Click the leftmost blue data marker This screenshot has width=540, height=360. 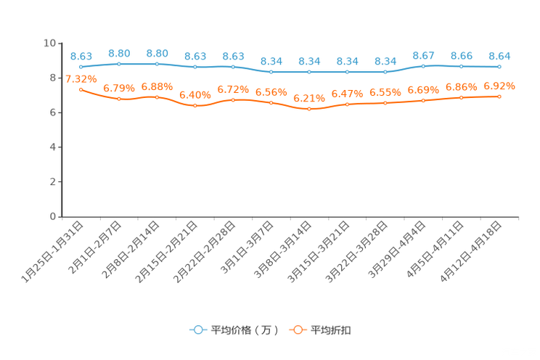[x=81, y=67]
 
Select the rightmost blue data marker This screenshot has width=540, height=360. [x=499, y=66]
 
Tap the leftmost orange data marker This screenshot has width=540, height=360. [x=81, y=89]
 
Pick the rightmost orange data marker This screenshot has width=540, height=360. [x=499, y=97]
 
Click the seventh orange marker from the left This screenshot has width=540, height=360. [x=309, y=110]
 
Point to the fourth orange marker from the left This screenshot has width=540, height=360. [x=195, y=107]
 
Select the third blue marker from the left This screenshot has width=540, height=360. [x=157, y=64]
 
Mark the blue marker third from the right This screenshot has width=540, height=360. [x=423, y=66]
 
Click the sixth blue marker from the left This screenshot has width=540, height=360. [x=271, y=71]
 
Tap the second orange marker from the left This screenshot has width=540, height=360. [x=118, y=99]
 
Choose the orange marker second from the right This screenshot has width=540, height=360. [x=462, y=98]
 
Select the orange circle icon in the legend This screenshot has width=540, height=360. [x=297, y=330]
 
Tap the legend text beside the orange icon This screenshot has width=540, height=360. [x=332, y=330]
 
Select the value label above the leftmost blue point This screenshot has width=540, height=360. [x=81, y=56]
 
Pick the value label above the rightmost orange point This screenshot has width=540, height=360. [x=500, y=86]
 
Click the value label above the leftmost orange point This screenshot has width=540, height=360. [x=81, y=78]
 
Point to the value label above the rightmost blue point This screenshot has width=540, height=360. [x=499, y=55]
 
